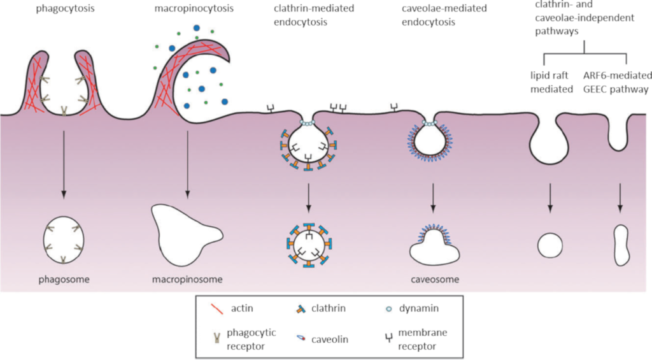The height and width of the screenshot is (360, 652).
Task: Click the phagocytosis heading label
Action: point(63,10)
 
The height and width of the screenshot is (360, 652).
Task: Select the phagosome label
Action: point(63,279)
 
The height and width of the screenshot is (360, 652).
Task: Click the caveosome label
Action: point(433,279)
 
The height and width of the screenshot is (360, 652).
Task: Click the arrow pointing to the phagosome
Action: point(63,166)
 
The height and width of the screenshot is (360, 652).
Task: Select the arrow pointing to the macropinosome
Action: point(187,166)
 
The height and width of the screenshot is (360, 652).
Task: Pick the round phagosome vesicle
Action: point(63,242)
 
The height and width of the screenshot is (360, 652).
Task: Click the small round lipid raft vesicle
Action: point(551,244)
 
